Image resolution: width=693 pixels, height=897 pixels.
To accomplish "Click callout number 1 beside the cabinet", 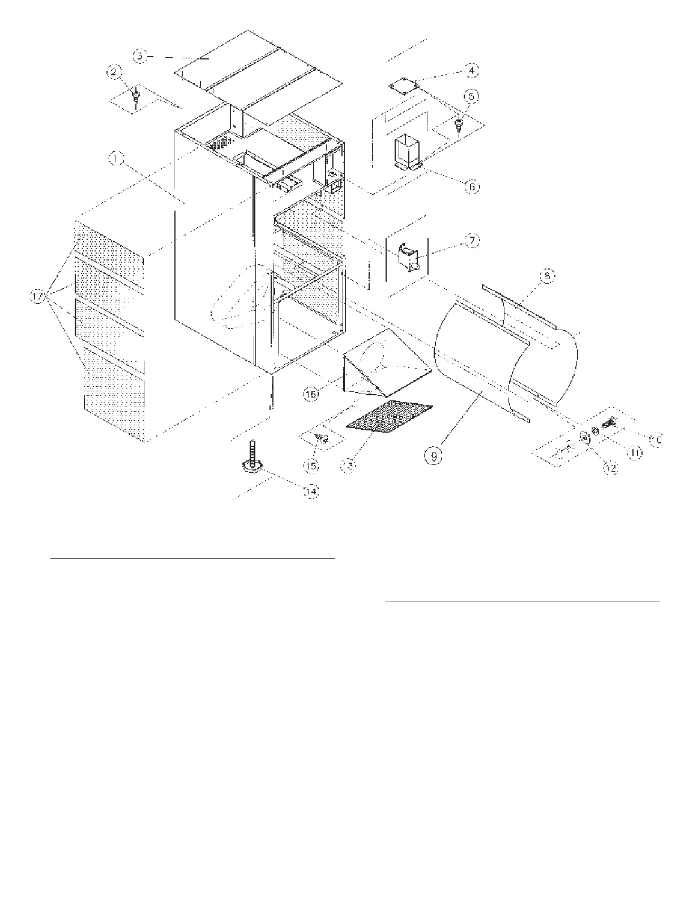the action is pos(115,160).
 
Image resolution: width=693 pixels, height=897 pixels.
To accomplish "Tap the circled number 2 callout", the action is pos(114,72).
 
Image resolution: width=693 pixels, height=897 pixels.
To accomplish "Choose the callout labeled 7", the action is pos(472,241).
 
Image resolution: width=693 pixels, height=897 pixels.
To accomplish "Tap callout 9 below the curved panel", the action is pos(434,456).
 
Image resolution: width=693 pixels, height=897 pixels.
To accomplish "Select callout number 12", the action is pos(610,468).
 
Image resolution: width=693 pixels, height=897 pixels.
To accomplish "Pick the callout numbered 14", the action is pos(310,492).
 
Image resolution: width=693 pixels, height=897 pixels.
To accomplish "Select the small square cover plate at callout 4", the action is pos(404,86).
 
